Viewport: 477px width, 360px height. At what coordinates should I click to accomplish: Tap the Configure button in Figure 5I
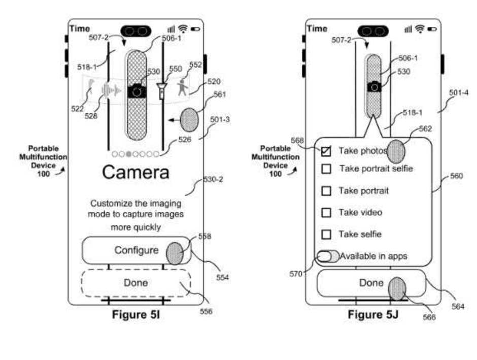coord(136,250)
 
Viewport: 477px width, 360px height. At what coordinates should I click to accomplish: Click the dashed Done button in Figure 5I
coord(135,283)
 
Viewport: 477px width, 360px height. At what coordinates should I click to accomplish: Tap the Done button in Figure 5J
coord(371,283)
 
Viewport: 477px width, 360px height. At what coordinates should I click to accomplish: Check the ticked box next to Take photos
coord(326,151)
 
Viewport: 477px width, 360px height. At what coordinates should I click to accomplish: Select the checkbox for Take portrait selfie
coord(326,169)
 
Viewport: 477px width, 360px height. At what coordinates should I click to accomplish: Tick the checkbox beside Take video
coord(326,212)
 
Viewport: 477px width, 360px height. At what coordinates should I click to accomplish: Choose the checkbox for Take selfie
coord(326,234)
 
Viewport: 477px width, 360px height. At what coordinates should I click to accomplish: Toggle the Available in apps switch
coord(327,256)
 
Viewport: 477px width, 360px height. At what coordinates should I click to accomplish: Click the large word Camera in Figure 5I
coord(135,172)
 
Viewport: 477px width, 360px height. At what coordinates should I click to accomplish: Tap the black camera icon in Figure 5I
coord(137,91)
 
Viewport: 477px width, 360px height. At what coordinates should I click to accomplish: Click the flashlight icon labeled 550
coord(161,90)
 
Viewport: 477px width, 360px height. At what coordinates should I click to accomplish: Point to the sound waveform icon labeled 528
coord(111,90)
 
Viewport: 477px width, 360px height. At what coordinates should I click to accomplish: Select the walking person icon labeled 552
coord(183,88)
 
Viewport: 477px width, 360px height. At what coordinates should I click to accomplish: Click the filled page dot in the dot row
coord(129,154)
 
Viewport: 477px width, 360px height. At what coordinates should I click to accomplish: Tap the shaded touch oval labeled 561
coord(189,120)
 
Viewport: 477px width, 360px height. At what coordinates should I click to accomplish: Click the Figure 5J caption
coord(373,314)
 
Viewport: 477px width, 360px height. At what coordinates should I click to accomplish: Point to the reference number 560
coord(456,176)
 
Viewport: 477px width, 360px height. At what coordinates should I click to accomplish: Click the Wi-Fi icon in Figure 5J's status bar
coord(420,28)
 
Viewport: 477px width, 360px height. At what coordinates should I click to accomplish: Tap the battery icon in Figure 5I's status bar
coord(195,29)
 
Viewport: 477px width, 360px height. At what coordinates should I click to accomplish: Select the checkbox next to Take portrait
coord(326,191)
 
